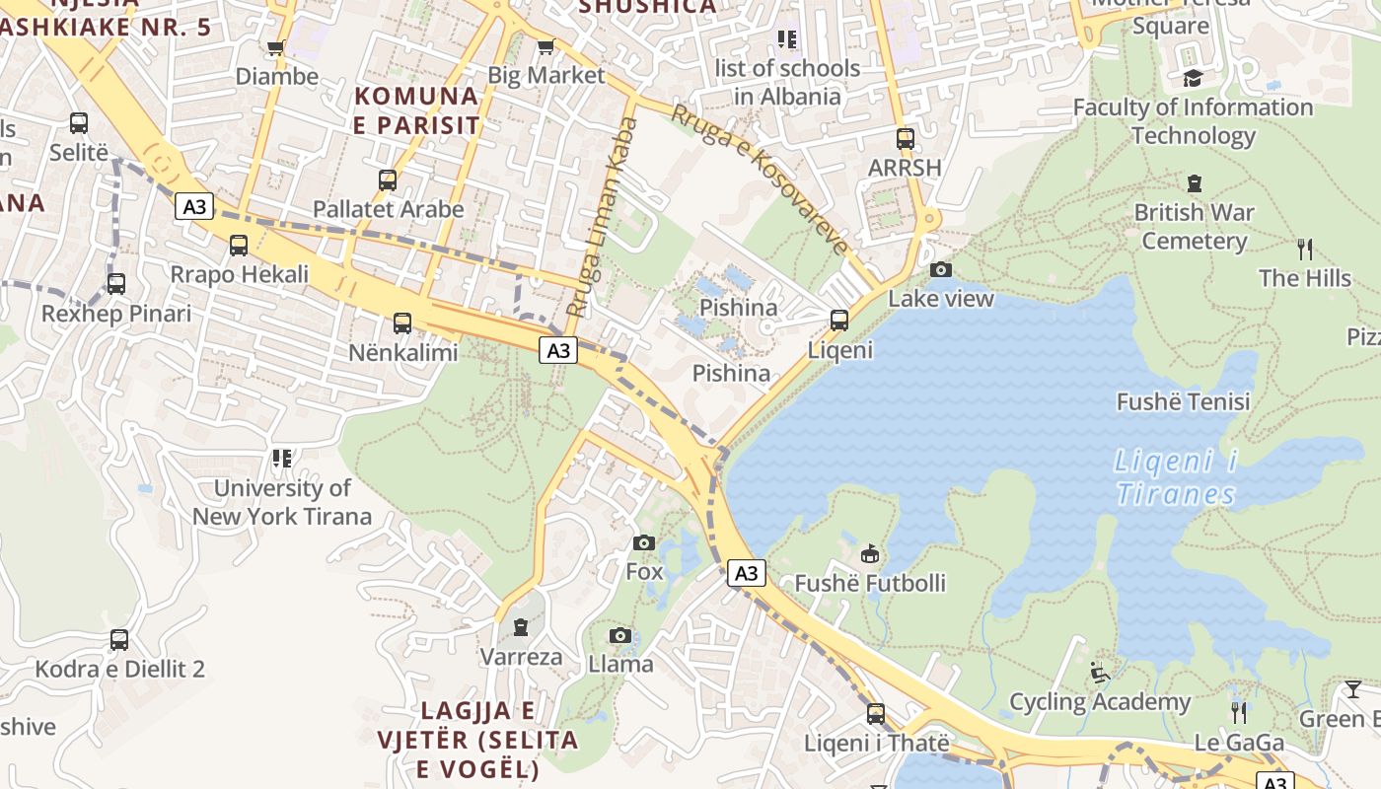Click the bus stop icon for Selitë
[79, 123]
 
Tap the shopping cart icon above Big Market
[545, 46]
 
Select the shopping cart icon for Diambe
[276, 47]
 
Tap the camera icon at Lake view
[941, 269]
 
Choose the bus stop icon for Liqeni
[839, 321]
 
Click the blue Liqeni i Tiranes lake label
[1175, 477]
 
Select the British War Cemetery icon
[1195, 183]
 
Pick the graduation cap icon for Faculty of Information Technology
[1194, 78]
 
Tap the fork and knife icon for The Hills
[1305, 249]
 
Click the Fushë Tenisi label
[1183, 401]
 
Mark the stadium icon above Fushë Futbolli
[870, 554]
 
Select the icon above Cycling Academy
[1100, 673]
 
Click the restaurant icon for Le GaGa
[1239, 712]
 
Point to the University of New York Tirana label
[282, 502]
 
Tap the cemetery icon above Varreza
[521, 627]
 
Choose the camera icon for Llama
[619, 635]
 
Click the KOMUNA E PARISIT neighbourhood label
[416, 110]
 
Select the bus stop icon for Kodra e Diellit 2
[119, 640]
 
